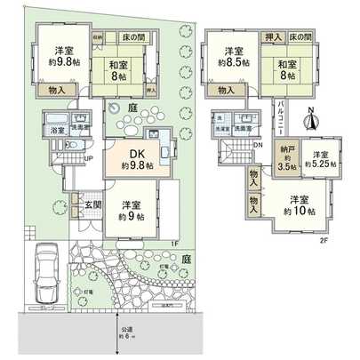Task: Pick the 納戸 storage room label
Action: [x=285, y=156]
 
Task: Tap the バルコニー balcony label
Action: [x=279, y=117]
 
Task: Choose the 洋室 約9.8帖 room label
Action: [x=60, y=56]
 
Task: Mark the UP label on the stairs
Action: [x=88, y=158]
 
